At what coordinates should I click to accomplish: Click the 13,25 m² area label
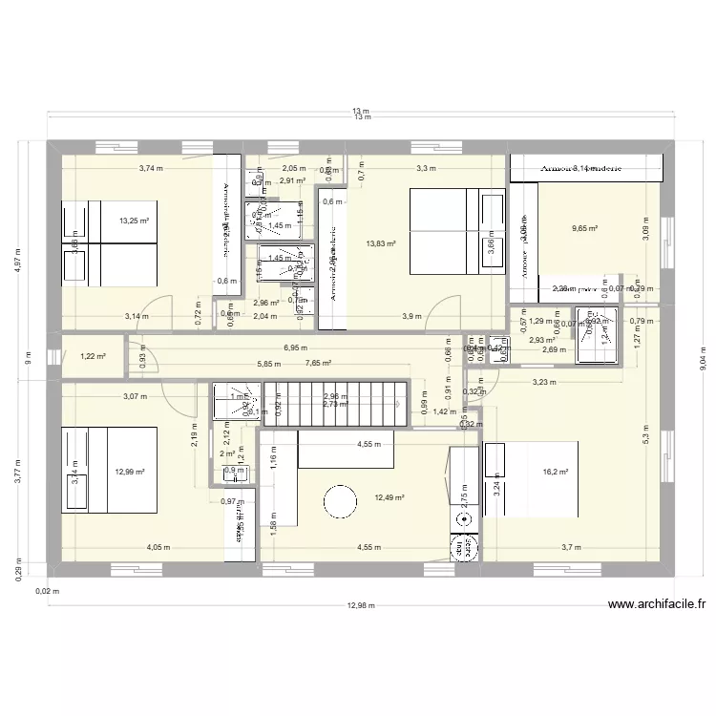tap(134, 221)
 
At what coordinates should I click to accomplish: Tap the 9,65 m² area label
tap(584, 228)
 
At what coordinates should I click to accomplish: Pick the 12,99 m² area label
tap(130, 472)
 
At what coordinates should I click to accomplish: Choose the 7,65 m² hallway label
tap(318, 363)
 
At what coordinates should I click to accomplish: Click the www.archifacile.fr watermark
tap(656, 603)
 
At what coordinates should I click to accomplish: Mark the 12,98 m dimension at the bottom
tap(361, 605)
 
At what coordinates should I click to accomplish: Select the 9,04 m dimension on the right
tap(703, 358)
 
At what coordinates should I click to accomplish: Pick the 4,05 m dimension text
tap(158, 548)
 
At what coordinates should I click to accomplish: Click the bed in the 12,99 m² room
tap(109, 470)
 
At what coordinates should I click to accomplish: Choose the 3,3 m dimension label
tap(425, 169)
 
